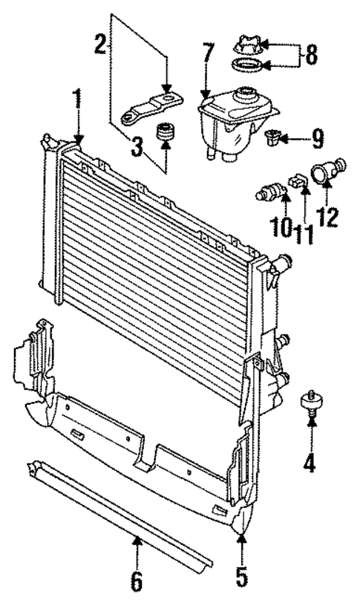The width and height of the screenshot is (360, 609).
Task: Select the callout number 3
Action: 137,149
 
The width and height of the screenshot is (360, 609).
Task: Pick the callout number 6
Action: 136,581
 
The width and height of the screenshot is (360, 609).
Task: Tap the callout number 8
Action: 310,55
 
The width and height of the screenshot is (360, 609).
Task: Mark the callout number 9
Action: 317,137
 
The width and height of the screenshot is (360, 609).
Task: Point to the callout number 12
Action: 327,217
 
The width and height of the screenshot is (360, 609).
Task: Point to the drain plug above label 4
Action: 310,403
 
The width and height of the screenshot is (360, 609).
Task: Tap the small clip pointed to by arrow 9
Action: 273,137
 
